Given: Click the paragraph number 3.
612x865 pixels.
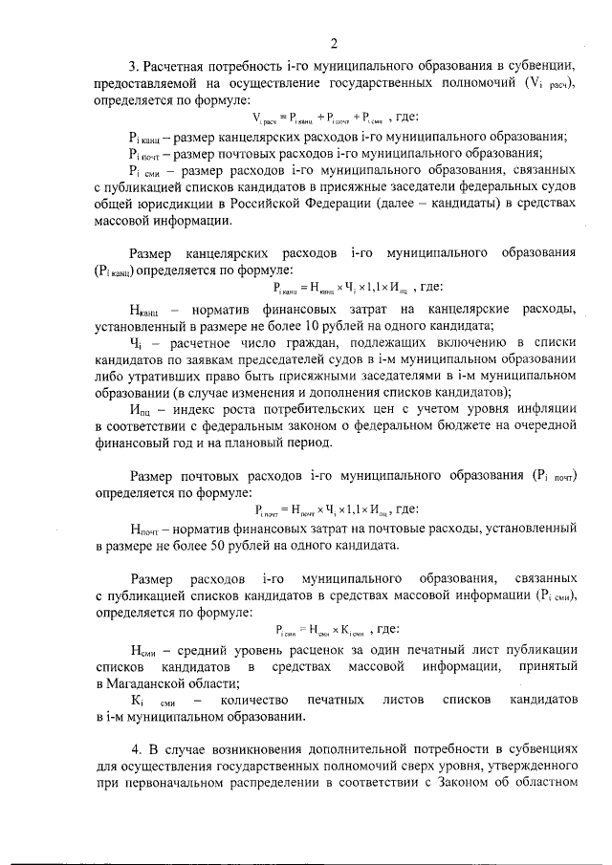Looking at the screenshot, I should click(134, 66).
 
